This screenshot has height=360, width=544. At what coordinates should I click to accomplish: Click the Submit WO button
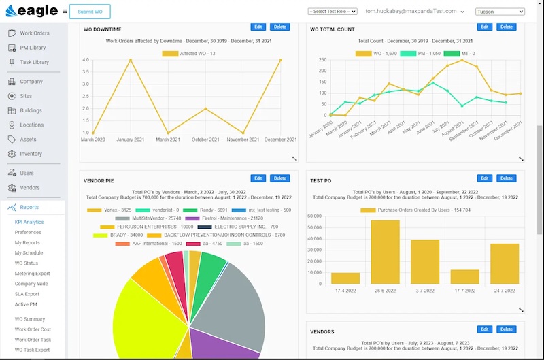point(90,12)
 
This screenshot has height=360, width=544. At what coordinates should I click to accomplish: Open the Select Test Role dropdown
point(333,12)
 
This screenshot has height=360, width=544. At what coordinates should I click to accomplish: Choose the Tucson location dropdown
point(500,12)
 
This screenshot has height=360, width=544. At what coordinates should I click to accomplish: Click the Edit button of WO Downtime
point(258,27)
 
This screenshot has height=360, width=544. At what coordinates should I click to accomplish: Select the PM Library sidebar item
point(33,48)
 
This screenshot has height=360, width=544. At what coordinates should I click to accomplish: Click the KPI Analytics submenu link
point(29,222)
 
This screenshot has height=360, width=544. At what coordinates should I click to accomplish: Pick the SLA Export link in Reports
point(27,294)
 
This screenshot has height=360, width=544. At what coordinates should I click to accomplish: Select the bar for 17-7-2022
point(464,276)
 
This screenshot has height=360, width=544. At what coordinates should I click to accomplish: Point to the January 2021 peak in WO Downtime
point(131,60)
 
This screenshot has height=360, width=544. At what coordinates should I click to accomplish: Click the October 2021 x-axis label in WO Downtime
point(205,140)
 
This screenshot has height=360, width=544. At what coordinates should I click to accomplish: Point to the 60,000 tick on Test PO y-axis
point(315,217)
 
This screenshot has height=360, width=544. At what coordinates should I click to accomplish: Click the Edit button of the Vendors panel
point(484,329)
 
